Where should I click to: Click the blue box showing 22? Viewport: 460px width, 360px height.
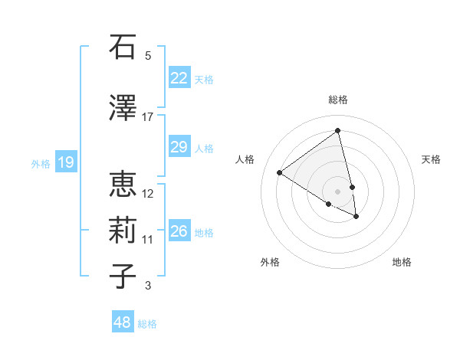pos(179,78)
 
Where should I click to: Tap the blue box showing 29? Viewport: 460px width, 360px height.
pos(179,147)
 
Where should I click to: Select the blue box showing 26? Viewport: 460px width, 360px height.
pos(179,231)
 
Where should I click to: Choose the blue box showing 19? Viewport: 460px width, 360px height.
pos(65,162)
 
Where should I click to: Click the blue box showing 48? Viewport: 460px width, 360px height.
pos(123,322)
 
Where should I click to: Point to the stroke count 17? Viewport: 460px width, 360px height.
pos(147,116)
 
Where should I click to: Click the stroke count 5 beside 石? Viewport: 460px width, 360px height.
pos(148,56)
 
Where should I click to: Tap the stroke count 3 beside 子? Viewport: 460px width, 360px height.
pos(148,286)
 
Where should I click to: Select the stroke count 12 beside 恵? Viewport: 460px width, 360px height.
pos(148,193)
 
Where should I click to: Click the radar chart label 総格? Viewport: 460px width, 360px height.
pos(337,100)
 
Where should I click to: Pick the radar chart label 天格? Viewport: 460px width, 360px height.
pos(432,159)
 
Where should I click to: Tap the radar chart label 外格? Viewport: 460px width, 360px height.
pos(270,262)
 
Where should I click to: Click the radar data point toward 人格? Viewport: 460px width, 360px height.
pos(280,172)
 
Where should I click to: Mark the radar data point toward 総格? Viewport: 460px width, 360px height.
pos(337,131)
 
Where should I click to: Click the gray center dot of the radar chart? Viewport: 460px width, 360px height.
pos(337,191)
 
